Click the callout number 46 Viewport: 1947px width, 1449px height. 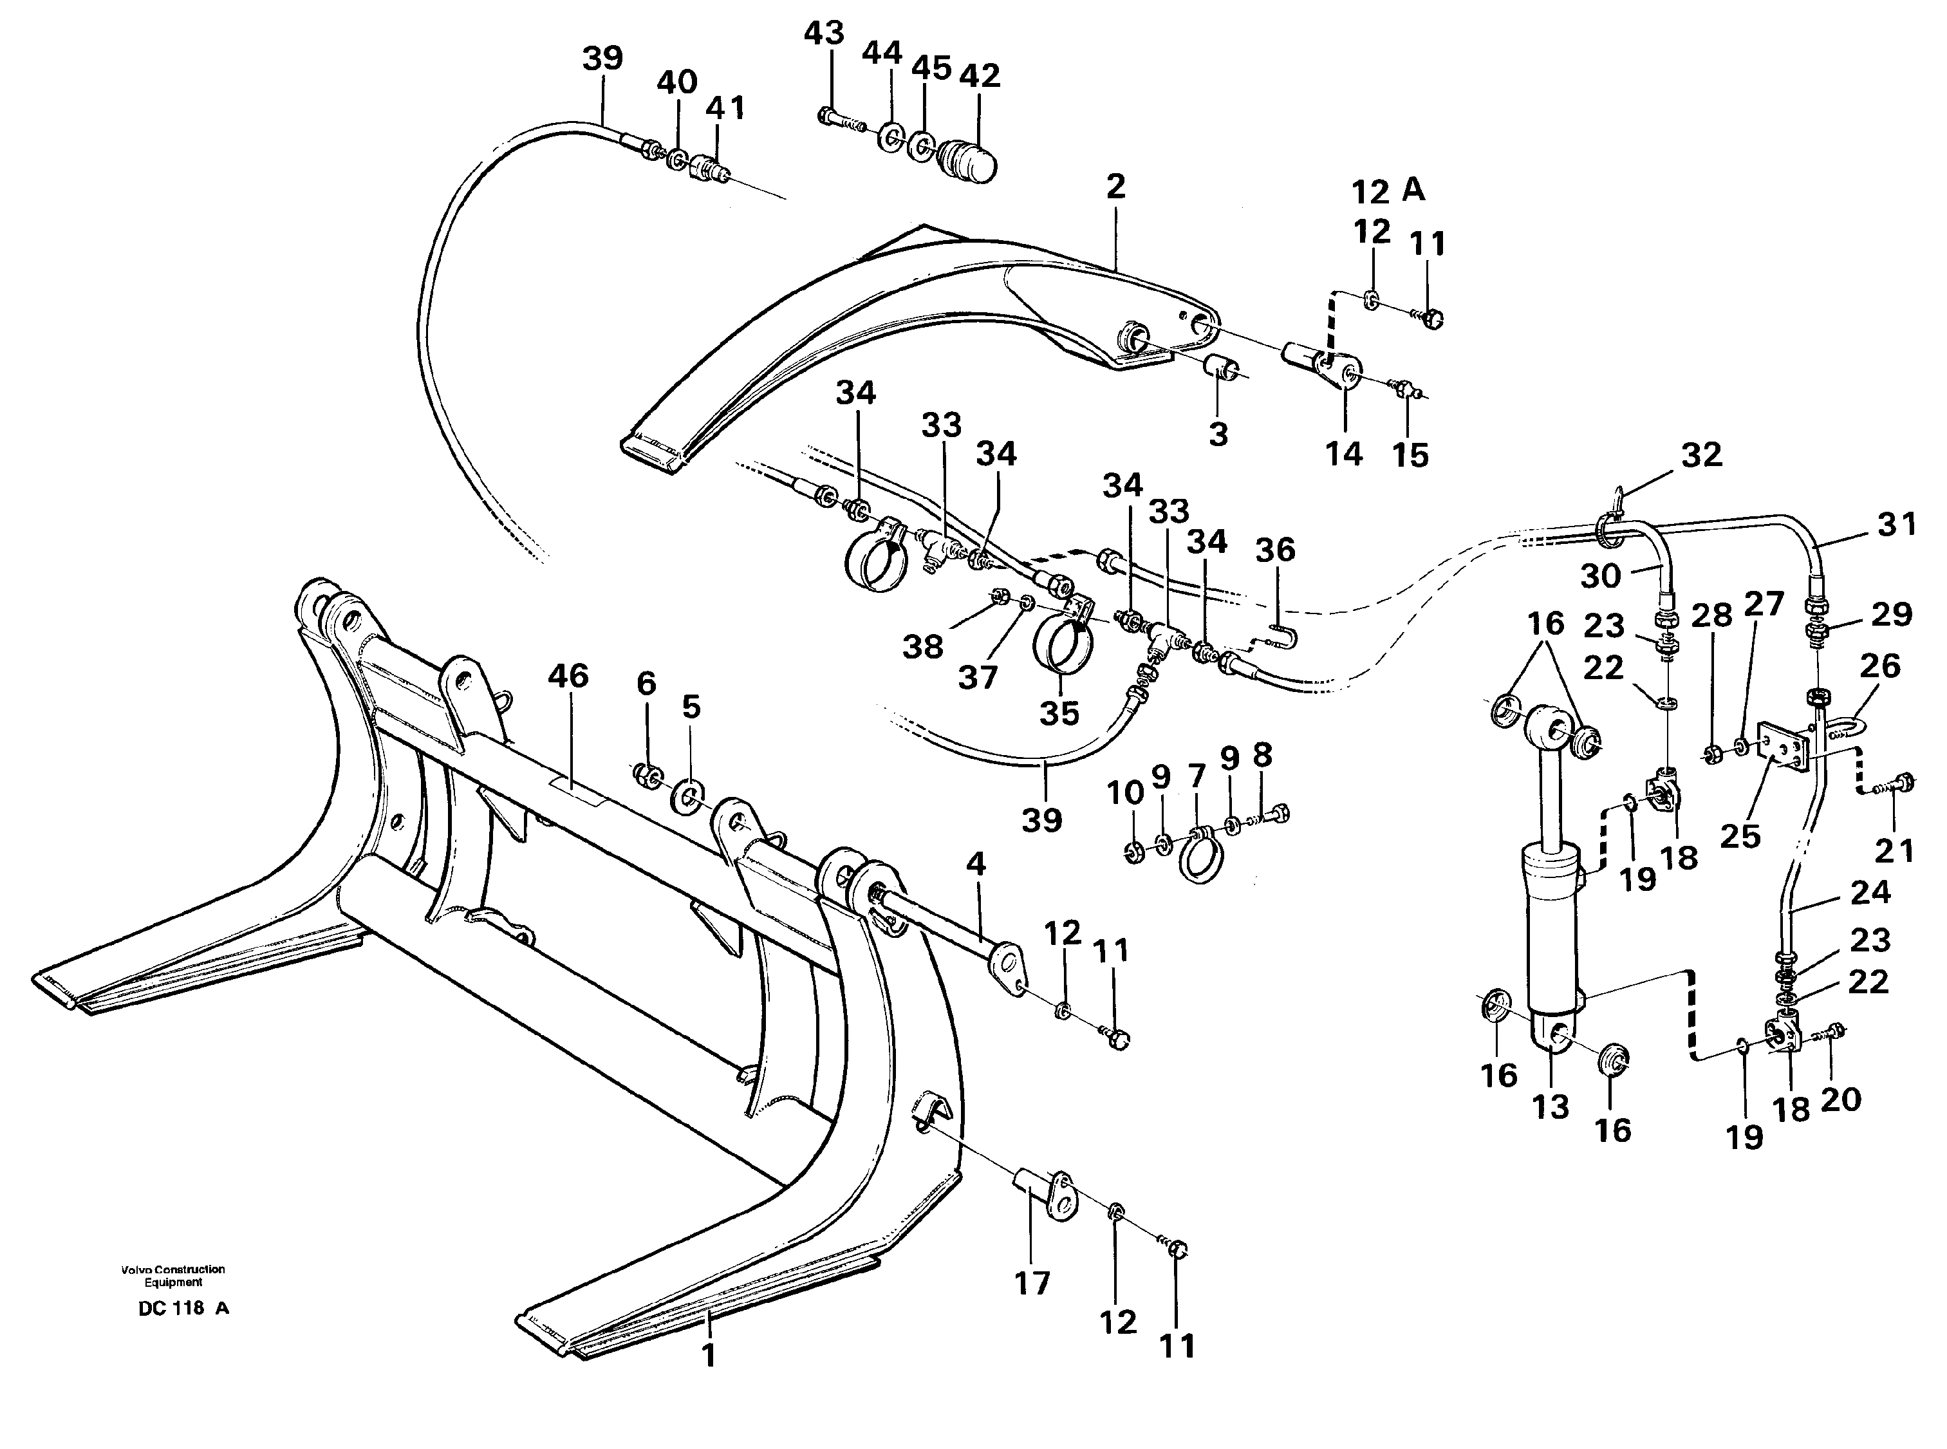568,677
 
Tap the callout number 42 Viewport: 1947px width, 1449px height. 980,77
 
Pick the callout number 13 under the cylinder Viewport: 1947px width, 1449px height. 1550,1107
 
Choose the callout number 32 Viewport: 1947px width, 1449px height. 1701,454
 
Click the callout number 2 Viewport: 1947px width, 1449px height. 1115,187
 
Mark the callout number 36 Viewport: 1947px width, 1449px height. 1274,550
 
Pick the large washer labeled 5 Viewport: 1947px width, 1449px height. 689,798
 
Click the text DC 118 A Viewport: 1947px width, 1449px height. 183,1309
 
